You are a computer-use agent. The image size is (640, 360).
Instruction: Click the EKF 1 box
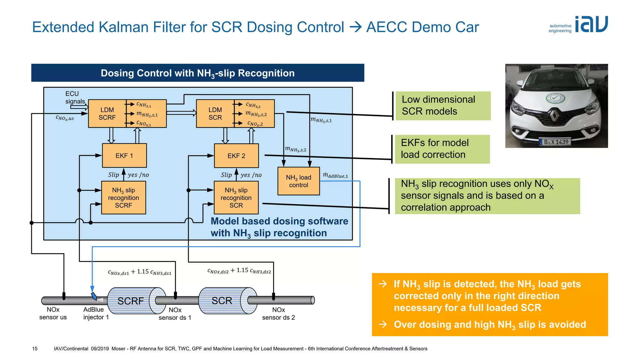[124, 156]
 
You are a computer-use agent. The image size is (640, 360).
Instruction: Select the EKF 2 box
[236, 156]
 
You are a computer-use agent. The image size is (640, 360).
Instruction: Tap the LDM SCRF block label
[107, 114]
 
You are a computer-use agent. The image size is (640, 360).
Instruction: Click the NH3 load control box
[298, 181]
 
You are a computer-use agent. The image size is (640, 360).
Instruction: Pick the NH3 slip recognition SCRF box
[123, 198]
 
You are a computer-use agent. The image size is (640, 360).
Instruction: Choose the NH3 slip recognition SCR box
[236, 198]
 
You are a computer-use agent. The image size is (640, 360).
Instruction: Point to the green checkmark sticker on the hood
[555, 98]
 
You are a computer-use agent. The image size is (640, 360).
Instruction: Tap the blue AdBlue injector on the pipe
[94, 296]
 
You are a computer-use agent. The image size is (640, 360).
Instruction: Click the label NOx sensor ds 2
[278, 313]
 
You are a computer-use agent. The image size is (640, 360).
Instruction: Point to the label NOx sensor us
[53, 313]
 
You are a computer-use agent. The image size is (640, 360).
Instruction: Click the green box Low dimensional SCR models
[443, 106]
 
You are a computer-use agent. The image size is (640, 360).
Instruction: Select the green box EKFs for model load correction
[442, 149]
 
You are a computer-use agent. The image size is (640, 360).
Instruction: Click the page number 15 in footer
[35, 348]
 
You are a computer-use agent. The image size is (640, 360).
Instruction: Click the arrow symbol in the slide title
[355, 27]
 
